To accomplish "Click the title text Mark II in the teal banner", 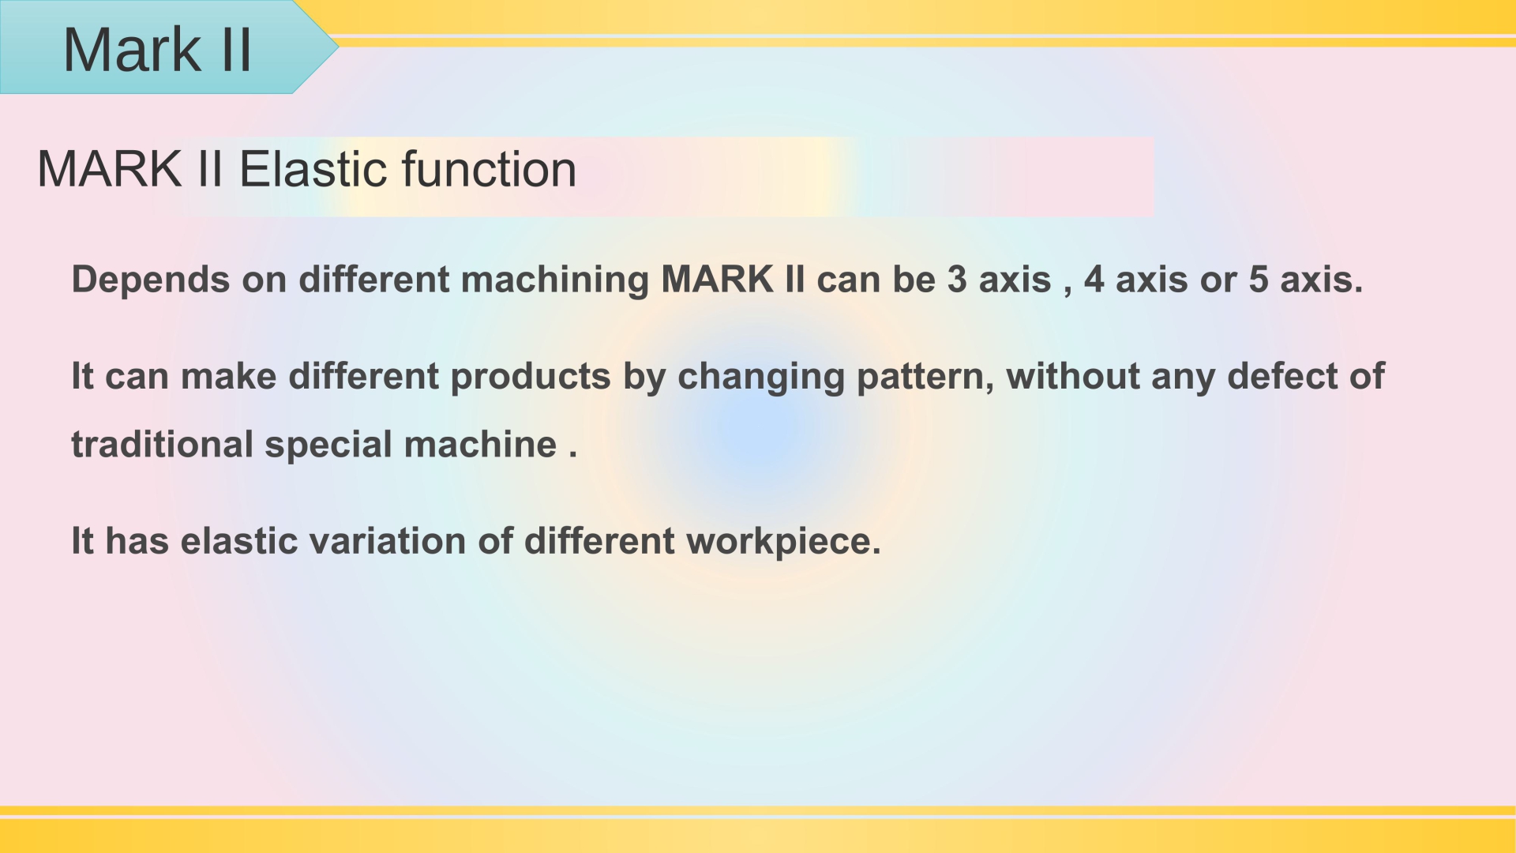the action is coord(157,50).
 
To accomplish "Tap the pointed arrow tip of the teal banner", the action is coord(339,47).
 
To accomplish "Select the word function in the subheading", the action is coord(489,169).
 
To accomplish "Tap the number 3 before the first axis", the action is coord(957,280).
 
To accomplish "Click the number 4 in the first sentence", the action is coord(1094,280).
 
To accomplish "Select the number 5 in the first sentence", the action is coord(1259,280).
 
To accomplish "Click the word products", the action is coord(531,377).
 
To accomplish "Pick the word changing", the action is coord(761,377).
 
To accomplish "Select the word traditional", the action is coord(162,444).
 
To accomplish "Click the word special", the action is coord(328,445).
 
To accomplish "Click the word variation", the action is coord(388,541).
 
